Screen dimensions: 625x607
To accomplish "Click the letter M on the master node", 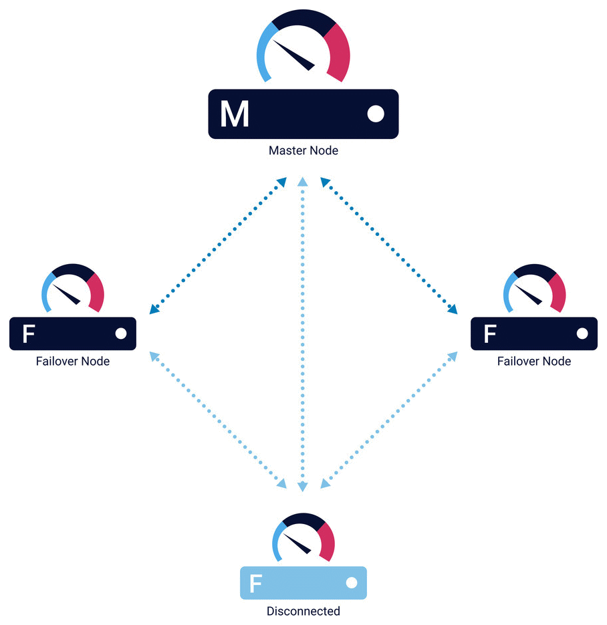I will pyautogui.click(x=235, y=114).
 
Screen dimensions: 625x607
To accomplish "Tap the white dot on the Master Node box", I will pyautogui.click(x=376, y=114).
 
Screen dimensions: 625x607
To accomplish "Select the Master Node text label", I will pyautogui.click(x=303, y=150).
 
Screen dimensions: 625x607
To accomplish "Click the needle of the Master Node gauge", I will pyautogui.click(x=293, y=55).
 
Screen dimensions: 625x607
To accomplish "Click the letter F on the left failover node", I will pyautogui.click(x=29, y=334).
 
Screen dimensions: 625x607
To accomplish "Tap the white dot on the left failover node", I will pyautogui.click(x=121, y=334).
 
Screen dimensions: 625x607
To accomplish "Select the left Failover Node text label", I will pyautogui.click(x=73, y=361).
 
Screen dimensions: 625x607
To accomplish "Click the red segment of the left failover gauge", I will pyautogui.click(x=96, y=291).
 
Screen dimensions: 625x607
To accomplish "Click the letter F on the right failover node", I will pyautogui.click(x=490, y=334).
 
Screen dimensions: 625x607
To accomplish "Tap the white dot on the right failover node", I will pyautogui.click(x=582, y=334).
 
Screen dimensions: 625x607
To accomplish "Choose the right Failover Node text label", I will pyautogui.click(x=534, y=361).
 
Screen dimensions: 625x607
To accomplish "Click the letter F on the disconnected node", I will pyautogui.click(x=255, y=583).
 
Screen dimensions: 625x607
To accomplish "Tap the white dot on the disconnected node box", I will pyautogui.click(x=351, y=583).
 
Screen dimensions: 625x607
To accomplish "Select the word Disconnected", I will pyautogui.click(x=303, y=611).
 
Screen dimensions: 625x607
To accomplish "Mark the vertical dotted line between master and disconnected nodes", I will pyautogui.click(x=303, y=334).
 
